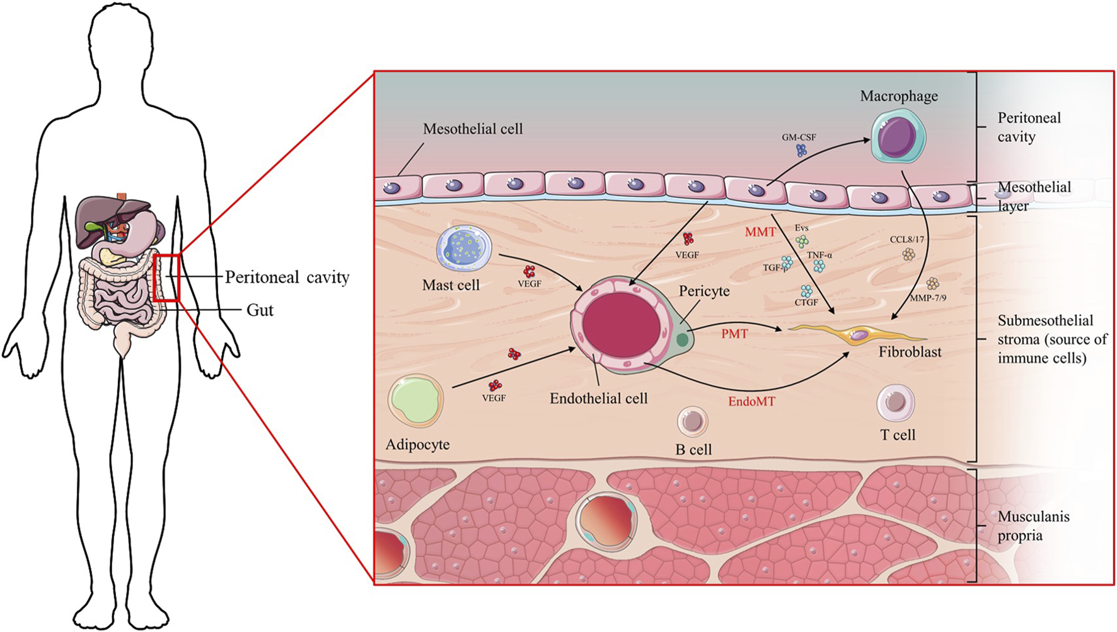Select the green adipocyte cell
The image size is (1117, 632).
(415, 402)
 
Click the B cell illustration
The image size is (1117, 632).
(692, 421)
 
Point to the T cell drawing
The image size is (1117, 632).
(895, 402)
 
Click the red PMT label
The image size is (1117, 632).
(734, 334)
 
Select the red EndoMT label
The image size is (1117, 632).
(751, 401)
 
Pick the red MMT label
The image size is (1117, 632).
(760, 232)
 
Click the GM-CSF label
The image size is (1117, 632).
(799, 137)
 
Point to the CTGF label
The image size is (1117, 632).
(806, 302)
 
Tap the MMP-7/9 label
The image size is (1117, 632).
(928, 298)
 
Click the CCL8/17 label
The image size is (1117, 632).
(906, 240)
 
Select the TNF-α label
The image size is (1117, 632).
(819, 255)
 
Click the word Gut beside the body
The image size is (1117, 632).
(260, 310)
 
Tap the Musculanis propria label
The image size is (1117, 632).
(1033, 526)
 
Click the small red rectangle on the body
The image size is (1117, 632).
(167, 278)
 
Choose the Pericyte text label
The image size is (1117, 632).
(704, 291)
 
